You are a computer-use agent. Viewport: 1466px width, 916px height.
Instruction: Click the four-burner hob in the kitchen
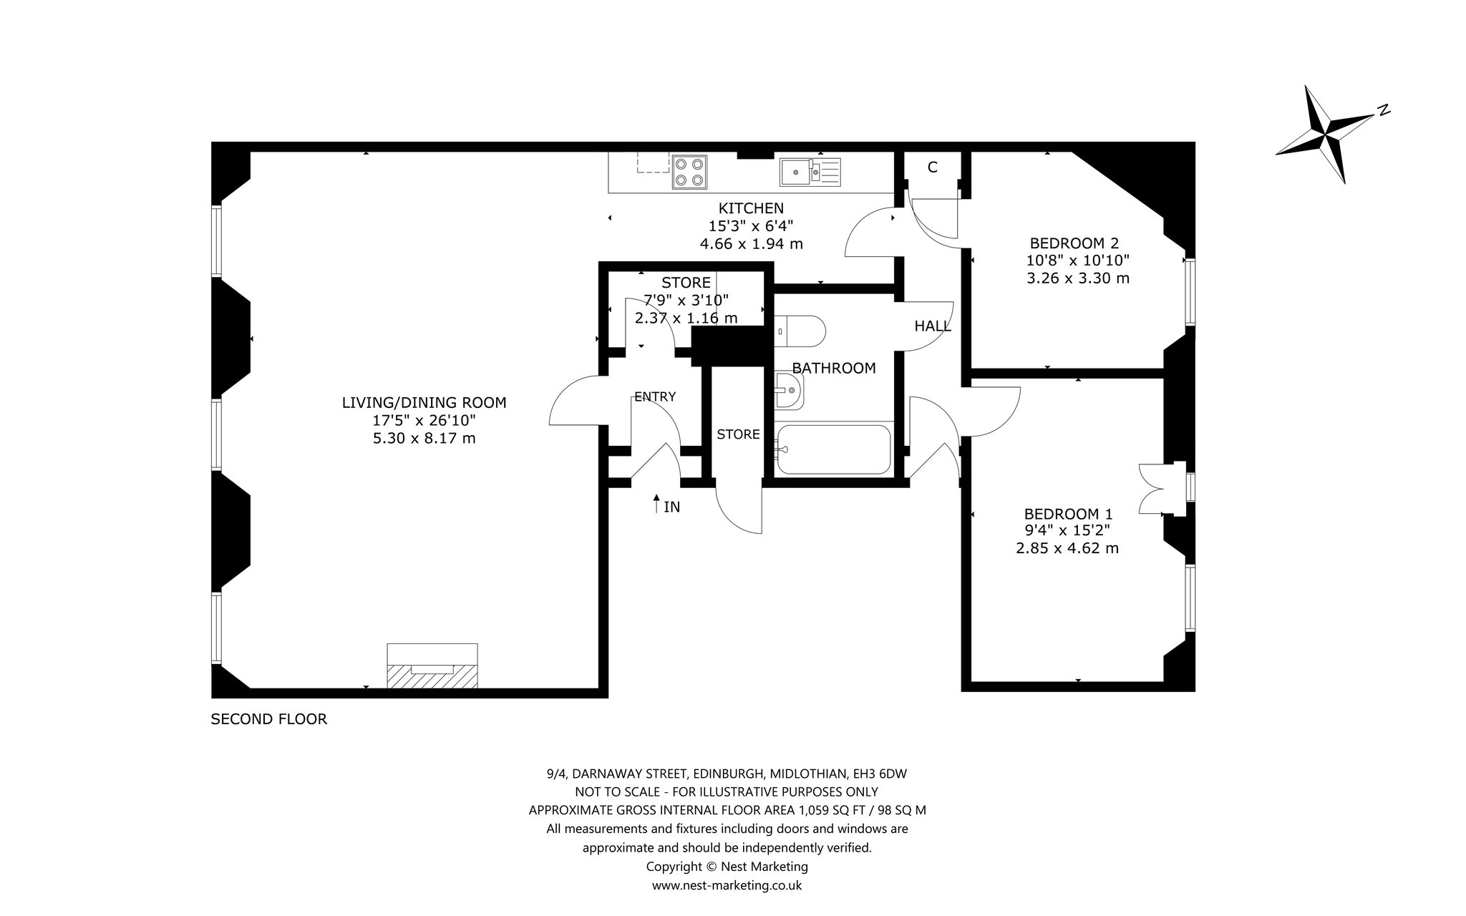point(689,172)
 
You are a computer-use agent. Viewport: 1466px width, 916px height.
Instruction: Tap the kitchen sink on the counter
point(811,171)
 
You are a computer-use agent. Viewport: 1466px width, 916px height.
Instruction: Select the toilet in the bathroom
point(800,332)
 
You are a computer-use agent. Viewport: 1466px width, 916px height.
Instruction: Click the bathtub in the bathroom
point(834,449)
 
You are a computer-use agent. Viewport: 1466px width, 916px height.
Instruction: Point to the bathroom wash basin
point(790,391)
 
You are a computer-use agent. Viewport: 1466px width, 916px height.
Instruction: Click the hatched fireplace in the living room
point(432,676)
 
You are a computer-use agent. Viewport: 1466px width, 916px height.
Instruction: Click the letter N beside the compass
point(1384,110)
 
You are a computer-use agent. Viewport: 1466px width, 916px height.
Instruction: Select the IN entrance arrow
point(656,503)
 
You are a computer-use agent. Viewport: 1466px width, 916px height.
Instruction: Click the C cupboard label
point(932,167)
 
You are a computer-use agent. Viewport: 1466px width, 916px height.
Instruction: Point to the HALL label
point(933,326)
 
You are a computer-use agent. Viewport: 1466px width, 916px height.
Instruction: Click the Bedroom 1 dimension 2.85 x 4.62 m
point(1067,549)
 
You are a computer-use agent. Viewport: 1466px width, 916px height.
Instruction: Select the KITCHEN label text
point(751,208)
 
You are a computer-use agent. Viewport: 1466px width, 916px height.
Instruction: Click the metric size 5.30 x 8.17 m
point(424,438)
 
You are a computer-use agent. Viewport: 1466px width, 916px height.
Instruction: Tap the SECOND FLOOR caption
point(268,719)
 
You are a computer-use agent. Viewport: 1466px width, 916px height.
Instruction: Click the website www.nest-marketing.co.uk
point(727,885)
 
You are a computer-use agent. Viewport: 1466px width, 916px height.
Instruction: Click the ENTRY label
point(655,396)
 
